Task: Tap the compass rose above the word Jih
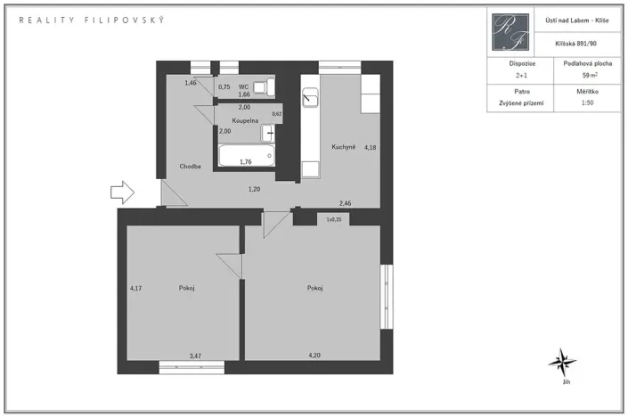563,362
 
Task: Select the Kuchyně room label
344,147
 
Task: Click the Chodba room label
189,167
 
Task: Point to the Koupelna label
245,119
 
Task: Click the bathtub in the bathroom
247,157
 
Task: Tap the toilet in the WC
262,87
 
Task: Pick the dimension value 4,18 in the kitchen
370,147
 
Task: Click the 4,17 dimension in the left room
135,288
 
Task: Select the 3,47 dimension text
196,356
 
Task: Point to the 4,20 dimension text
314,356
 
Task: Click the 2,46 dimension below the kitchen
345,204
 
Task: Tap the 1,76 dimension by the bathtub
246,161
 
